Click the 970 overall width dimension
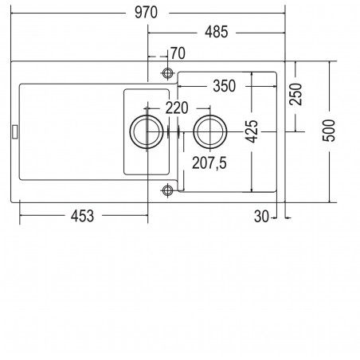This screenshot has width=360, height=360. pyautogui.click(x=146, y=13)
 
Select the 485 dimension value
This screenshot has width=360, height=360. pyautogui.click(x=217, y=32)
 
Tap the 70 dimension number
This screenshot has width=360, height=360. pyautogui.click(x=178, y=53)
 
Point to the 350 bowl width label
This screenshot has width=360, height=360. pyautogui.click(x=225, y=86)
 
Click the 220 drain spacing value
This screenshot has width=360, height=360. pyautogui.click(x=177, y=108)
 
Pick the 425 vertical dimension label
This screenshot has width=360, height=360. pyautogui.click(x=252, y=131)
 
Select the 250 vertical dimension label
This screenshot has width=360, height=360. pyautogui.click(x=295, y=94)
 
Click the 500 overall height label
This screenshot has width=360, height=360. pyautogui.click(x=329, y=131)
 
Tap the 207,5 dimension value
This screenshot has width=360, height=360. pyautogui.click(x=209, y=163)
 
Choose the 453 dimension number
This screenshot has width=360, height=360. pyautogui.click(x=82, y=216)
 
